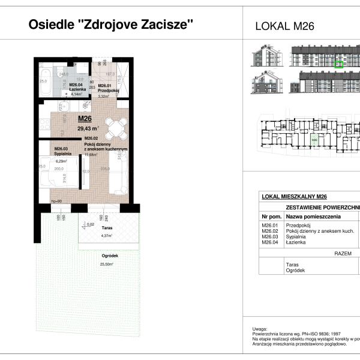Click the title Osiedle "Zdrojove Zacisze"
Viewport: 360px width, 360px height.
coord(111,25)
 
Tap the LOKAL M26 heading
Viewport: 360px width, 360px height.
coord(285,26)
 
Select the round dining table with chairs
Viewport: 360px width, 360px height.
coord(116,127)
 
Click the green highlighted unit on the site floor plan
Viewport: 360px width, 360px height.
coord(314,140)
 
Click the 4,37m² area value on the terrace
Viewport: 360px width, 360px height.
coord(91,235)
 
